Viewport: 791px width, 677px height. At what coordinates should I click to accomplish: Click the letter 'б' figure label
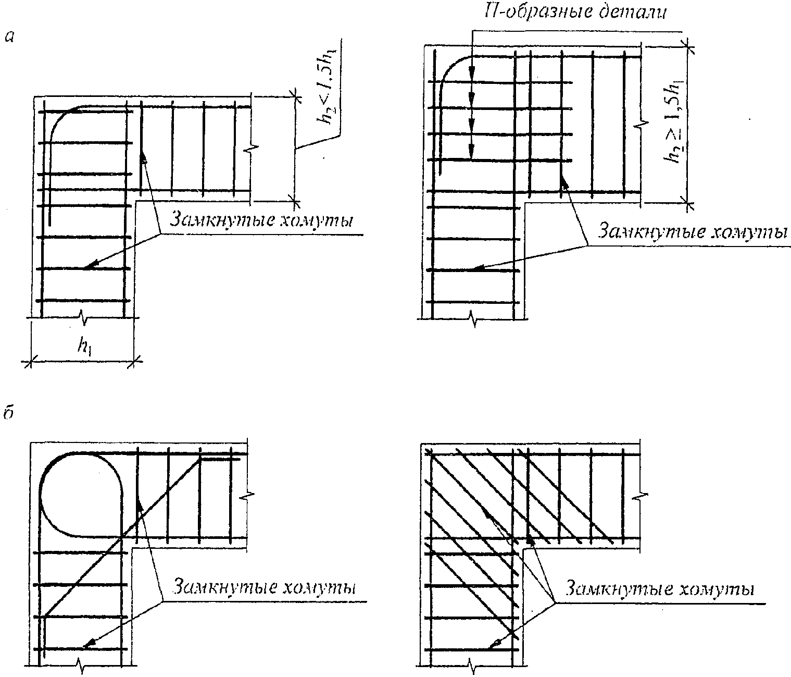pyautogui.click(x=8, y=413)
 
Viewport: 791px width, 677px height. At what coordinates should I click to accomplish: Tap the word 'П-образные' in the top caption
pyautogui.click(x=526, y=12)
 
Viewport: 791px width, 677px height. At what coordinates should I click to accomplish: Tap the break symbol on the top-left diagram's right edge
pyautogui.click(x=252, y=149)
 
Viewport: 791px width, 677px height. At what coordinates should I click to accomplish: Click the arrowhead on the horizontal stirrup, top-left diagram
pyautogui.click(x=87, y=267)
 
